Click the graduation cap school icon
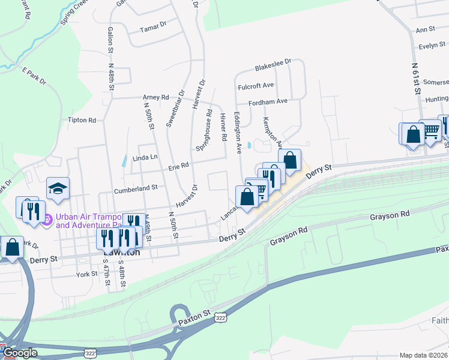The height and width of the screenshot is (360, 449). pos(58,188)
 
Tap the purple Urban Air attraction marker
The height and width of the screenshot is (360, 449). pos(46,221)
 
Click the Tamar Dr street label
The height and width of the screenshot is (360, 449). pos(152,28)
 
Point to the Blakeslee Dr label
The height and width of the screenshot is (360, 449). pos(273,62)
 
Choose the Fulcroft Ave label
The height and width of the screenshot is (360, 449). pos(256,86)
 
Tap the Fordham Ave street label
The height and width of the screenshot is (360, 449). pos(268,101)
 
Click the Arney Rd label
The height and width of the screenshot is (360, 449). pos(155,97)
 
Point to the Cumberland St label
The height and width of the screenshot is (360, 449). pos(136,187)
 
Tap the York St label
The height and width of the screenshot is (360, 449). pos(87,274)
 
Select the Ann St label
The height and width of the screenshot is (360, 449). pos(425,29)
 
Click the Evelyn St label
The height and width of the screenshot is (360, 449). pos(432,46)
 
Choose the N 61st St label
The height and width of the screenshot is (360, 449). pos(415,77)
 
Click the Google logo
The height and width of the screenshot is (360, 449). pos(20,353)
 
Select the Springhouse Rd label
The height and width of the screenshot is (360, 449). pos(203,129)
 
